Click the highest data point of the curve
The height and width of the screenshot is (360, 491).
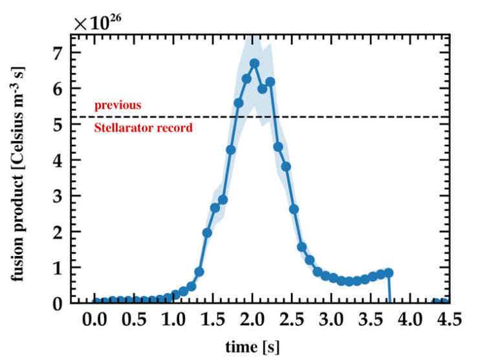pos(254,63)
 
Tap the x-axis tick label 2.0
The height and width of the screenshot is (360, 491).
pos(254,319)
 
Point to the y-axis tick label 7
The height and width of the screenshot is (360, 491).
pos(60,52)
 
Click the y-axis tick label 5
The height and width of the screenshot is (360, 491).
pos(60,124)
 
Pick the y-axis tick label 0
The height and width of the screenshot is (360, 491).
pos(60,303)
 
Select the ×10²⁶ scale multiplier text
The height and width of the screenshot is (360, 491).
pos(97,24)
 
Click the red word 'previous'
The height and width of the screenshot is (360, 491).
pos(118,105)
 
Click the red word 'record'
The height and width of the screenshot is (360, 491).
pos(176,128)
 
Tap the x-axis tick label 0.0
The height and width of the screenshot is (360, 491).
pos(96,319)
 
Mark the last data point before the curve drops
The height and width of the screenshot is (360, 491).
pos(389,273)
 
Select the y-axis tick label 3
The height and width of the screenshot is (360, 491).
pos(60,196)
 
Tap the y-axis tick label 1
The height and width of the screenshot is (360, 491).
pos(60,268)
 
